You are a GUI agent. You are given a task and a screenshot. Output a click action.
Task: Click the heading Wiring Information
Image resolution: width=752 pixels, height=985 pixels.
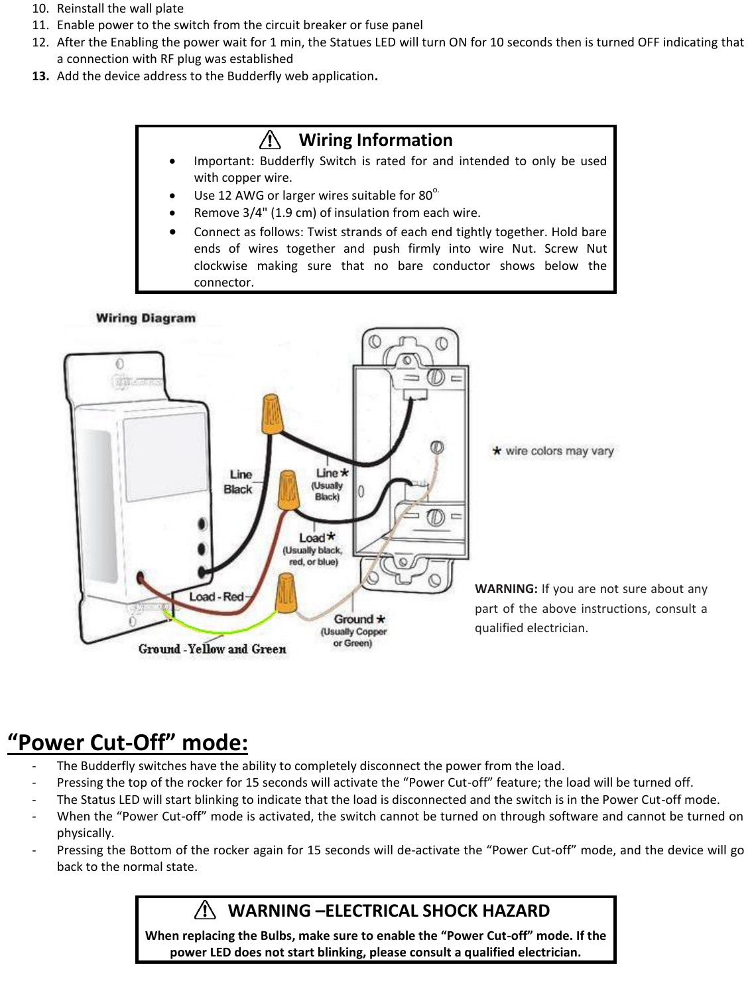[x=375, y=140]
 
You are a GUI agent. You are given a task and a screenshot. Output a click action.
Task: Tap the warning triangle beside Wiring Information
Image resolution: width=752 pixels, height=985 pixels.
[x=270, y=140]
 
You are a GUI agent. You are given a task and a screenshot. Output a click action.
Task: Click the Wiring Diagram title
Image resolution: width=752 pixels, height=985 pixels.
[x=146, y=318]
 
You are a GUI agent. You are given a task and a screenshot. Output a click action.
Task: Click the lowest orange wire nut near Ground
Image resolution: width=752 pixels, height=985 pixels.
[x=286, y=593]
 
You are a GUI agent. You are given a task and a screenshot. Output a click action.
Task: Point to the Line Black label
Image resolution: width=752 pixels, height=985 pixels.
[x=238, y=482]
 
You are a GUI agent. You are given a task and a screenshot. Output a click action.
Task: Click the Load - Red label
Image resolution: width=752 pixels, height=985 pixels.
[x=216, y=596]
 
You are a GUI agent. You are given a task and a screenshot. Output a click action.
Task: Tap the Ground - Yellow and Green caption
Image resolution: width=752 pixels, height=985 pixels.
[x=212, y=649]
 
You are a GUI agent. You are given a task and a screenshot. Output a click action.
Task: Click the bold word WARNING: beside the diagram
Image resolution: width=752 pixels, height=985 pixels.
[x=506, y=589]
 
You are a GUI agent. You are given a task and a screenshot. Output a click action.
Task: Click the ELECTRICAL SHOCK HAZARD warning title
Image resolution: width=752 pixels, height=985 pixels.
[x=389, y=910]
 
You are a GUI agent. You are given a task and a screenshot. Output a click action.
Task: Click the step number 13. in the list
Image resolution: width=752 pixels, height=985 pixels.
[x=41, y=76]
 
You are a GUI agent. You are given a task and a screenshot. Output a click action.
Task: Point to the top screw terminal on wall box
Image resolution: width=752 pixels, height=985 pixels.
[x=435, y=378]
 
